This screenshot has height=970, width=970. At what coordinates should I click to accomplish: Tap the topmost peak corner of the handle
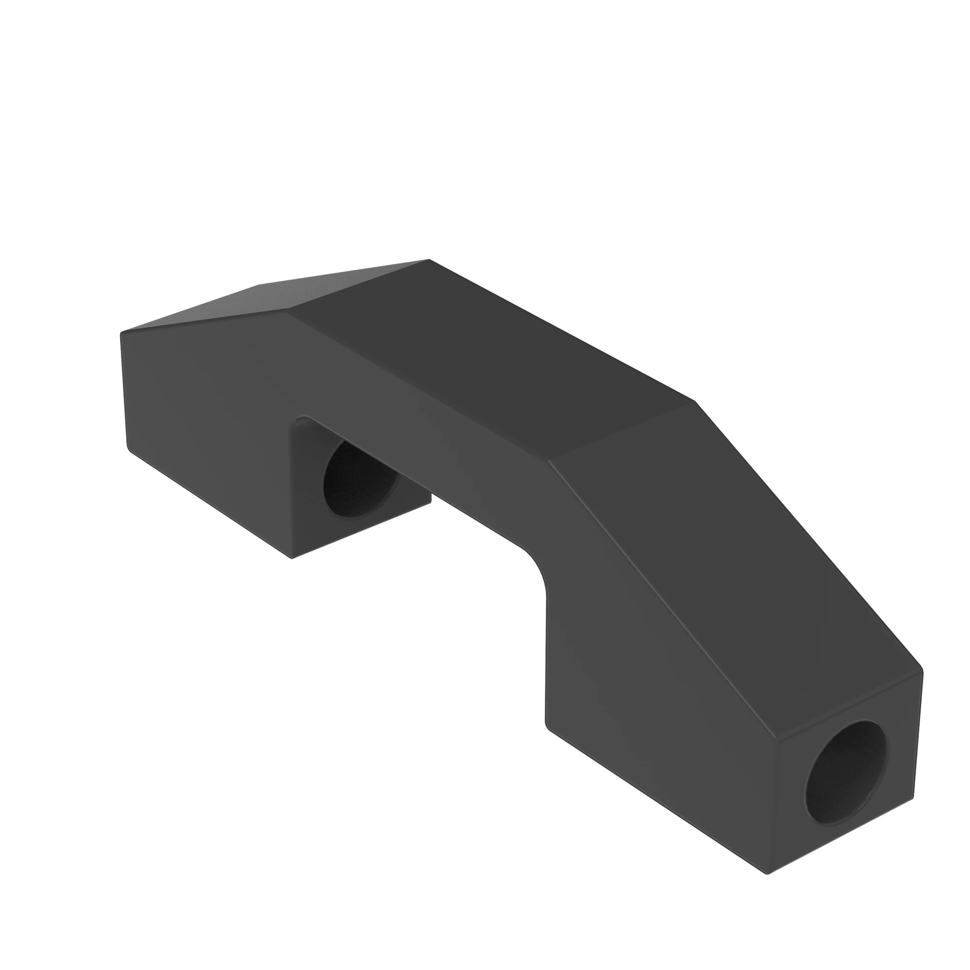[x=429, y=259]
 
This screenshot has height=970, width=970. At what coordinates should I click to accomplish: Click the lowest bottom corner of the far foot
[x=291, y=558]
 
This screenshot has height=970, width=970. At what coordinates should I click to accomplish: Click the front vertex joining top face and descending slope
[x=548, y=459]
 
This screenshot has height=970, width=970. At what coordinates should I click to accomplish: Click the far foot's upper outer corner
[x=121, y=332]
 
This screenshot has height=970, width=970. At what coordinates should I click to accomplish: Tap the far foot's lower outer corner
[x=128, y=447]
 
